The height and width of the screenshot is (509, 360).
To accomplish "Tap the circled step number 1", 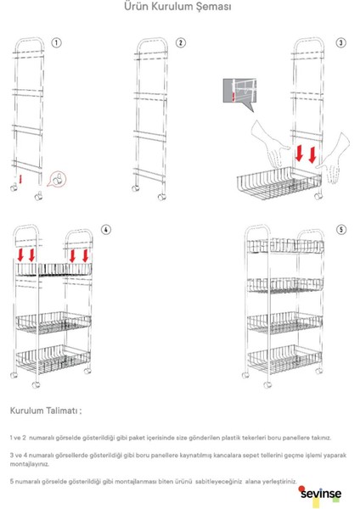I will click(57, 42).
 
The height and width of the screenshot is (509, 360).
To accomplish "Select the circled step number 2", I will click(181, 42).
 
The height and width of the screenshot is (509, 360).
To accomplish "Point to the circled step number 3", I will click(340, 42).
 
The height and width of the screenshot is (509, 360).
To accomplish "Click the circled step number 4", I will click(105, 230).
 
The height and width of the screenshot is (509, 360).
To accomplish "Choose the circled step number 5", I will click(340, 230).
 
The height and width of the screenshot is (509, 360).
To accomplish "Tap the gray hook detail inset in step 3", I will click(239, 93).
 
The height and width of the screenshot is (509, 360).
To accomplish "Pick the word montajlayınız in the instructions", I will click(31, 465).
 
